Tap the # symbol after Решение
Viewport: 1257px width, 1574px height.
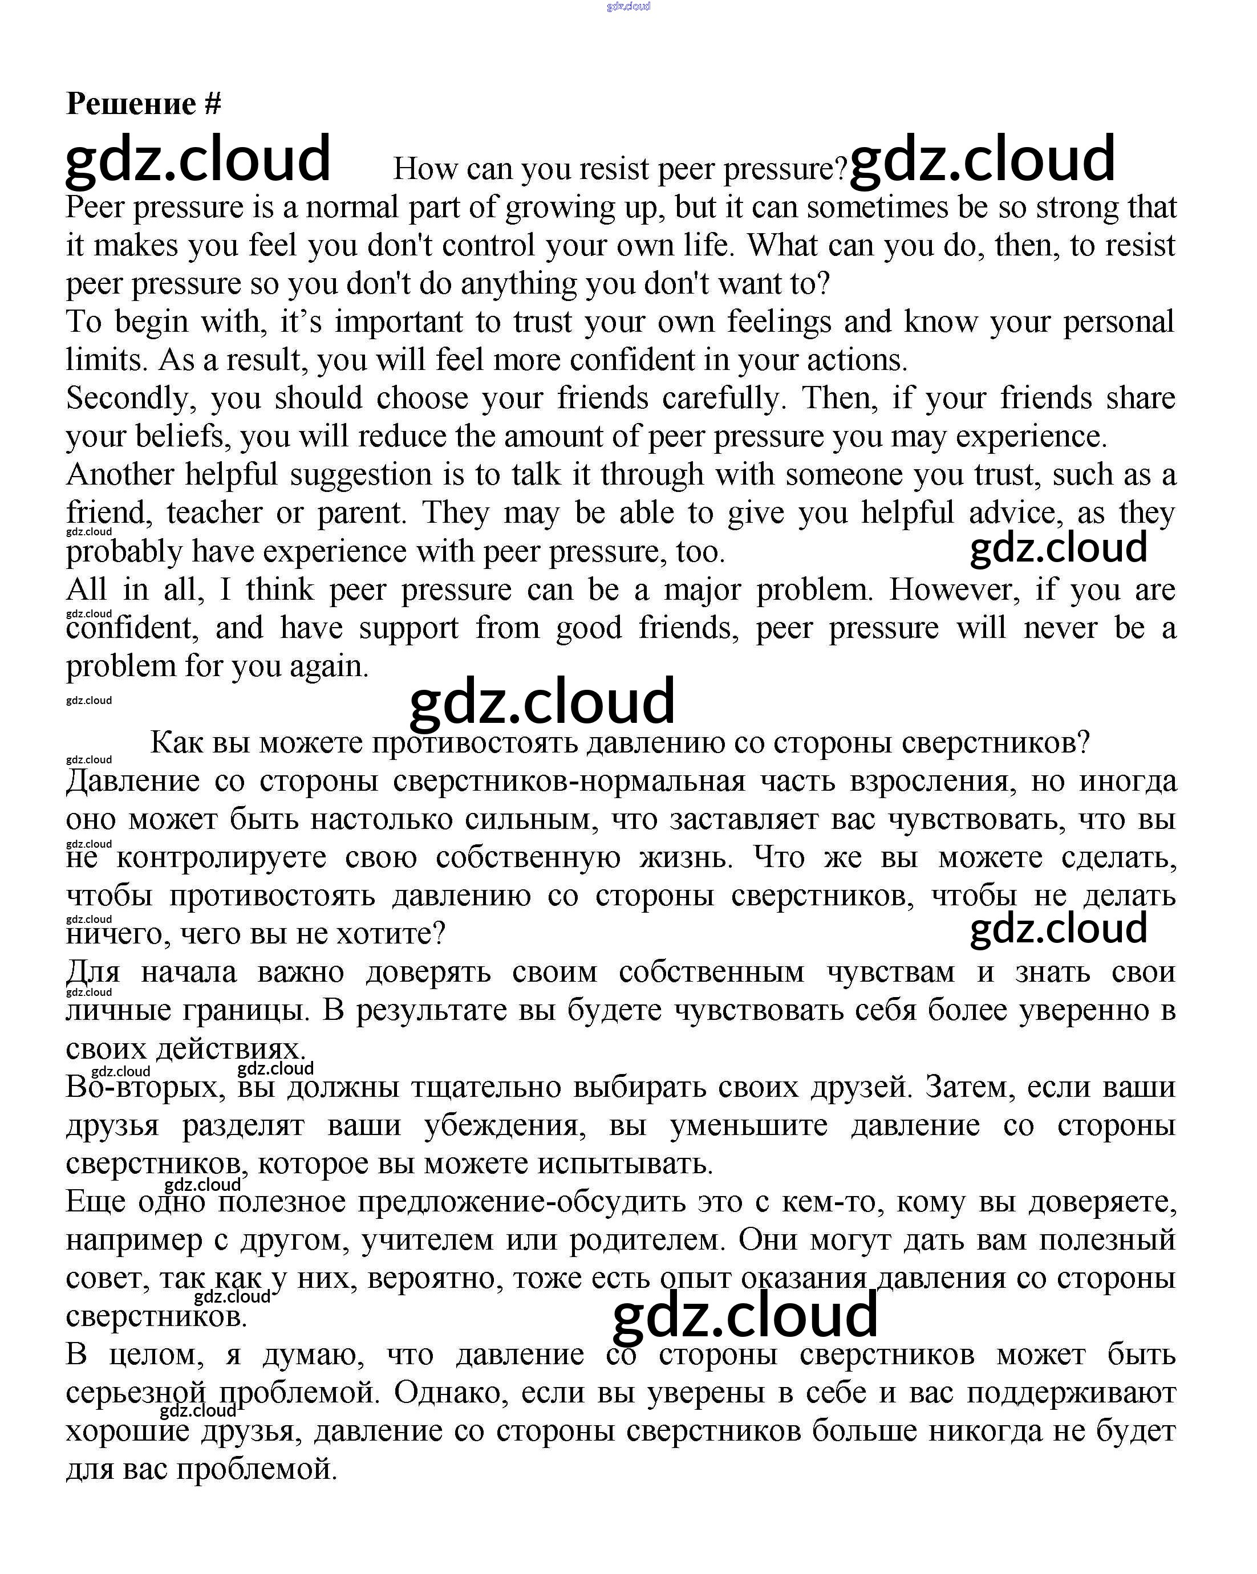click(213, 104)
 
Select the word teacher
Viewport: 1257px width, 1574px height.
click(214, 513)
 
